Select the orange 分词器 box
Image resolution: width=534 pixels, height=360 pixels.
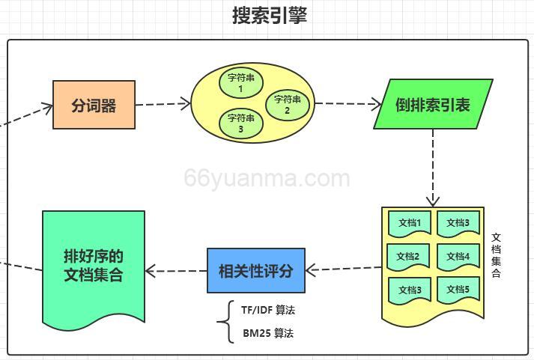(x=94, y=105)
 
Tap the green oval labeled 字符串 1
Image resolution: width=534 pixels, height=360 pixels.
(x=241, y=83)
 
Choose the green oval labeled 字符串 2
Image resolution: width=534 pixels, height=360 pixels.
(x=288, y=105)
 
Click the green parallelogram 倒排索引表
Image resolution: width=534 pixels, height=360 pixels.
(x=433, y=105)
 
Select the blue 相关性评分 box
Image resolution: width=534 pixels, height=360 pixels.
(x=256, y=270)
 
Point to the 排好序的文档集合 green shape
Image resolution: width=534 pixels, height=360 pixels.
(x=94, y=265)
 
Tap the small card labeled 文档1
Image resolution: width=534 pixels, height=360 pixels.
(x=410, y=223)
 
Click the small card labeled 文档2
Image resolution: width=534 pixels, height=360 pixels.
(x=408, y=257)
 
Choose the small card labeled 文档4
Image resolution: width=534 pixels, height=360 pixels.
(x=457, y=257)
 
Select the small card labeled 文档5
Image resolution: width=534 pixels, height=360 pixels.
(x=457, y=290)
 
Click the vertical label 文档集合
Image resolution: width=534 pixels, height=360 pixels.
(x=496, y=255)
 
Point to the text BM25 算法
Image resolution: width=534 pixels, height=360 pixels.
(x=268, y=333)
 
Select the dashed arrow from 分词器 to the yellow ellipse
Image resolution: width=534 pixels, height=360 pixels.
(x=163, y=104)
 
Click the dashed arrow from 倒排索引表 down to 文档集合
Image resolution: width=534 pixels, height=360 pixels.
(x=432, y=168)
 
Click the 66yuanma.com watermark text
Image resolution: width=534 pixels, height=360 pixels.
(x=267, y=179)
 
